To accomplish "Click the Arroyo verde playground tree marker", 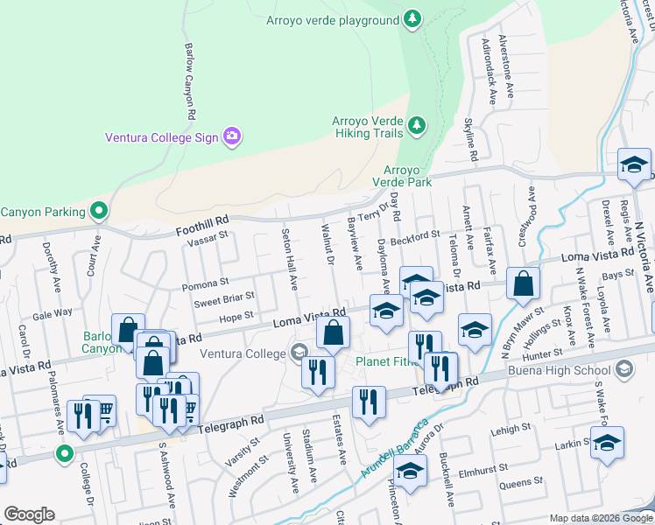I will [412, 18].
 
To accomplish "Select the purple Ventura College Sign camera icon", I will [231, 136].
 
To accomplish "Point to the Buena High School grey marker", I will [624, 370].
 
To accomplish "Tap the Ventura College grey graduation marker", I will [298, 353].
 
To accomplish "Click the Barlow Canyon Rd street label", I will [189, 75].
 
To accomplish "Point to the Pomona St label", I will [205, 284].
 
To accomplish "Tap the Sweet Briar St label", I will [224, 300].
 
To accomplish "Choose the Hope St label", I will [236, 317].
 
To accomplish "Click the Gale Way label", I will [53, 313].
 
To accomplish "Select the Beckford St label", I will [415, 236].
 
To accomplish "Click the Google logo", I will [29, 514].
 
